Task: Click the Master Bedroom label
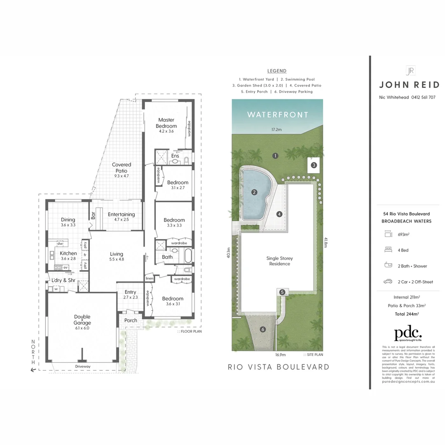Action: pyautogui.click(x=166, y=123)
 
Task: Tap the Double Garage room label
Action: pyautogui.click(x=82, y=320)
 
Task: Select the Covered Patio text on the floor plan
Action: pyautogui.click(x=122, y=168)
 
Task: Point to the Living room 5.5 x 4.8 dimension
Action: pyautogui.click(x=117, y=259)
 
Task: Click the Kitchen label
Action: pyautogui.click(x=68, y=253)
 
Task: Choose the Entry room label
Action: pyautogui.click(x=130, y=292)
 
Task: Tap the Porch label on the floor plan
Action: pyautogui.click(x=131, y=321)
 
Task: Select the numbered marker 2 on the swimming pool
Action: pyautogui.click(x=254, y=192)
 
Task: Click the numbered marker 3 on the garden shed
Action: pyautogui.click(x=314, y=165)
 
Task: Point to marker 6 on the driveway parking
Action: pyautogui.click(x=262, y=329)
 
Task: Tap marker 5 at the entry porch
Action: pyautogui.click(x=282, y=292)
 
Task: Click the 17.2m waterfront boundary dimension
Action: pyautogui.click(x=276, y=129)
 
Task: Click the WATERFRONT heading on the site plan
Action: pyautogui.click(x=277, y=115)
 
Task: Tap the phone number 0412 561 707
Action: pyautogui.click(x=421, y=98)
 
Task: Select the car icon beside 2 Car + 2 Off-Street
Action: pyautogui.click(x=388, y=282)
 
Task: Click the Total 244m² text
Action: pyautogui.click(x=407, y=314)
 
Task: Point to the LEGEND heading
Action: pyautogui.click(x=276, y=71)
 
